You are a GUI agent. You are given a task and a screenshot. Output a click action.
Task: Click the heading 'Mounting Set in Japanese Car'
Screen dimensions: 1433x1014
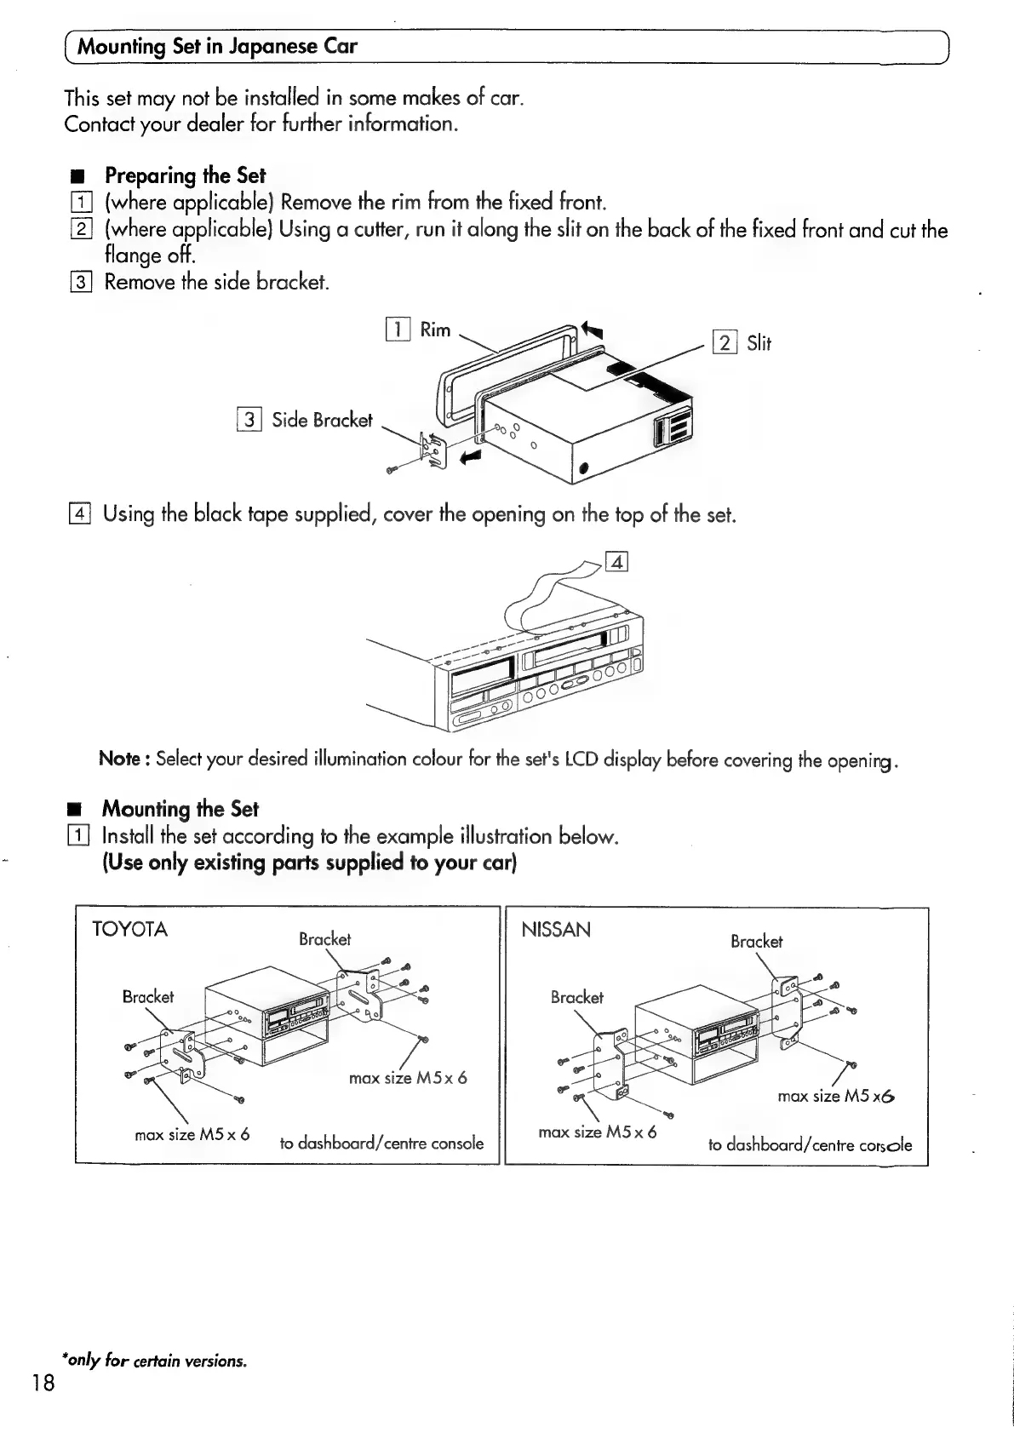coord(217,46)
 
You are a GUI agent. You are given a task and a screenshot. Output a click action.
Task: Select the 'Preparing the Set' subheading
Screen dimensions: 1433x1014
coord(185,175)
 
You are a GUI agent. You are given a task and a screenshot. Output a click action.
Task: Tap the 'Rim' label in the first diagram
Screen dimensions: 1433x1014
coord(435,330)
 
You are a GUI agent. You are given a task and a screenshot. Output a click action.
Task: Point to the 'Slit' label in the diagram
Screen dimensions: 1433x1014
coord(759,343)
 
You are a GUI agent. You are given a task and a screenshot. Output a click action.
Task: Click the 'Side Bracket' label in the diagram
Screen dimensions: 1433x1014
coord(322,420)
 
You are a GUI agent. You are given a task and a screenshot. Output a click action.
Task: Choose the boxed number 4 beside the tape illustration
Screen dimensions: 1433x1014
coord(616,562)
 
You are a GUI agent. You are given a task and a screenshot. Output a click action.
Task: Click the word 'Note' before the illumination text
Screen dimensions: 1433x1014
coord(120,758)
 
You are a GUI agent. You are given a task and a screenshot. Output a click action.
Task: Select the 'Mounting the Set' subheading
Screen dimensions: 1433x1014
coord(180,808)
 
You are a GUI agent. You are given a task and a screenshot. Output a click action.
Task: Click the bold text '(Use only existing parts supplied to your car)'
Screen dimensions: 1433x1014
coord(309,863)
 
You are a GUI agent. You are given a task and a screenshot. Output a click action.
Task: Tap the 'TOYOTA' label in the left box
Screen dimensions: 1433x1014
coord(129,929)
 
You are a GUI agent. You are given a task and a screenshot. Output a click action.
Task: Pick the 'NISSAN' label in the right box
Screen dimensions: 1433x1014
coord(555,930)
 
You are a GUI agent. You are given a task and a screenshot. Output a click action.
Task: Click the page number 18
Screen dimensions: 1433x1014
coord(43,1382)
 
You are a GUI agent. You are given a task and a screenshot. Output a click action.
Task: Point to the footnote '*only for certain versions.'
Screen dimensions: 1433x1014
coord(154,1360)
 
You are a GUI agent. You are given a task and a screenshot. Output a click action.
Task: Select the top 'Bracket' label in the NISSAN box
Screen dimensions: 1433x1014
coord(756,941)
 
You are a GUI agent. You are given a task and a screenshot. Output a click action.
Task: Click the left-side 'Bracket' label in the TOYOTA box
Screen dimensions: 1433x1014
coord(147,996)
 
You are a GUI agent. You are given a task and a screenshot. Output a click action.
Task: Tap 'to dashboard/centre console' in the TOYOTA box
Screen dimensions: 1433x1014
coord(381,1143)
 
